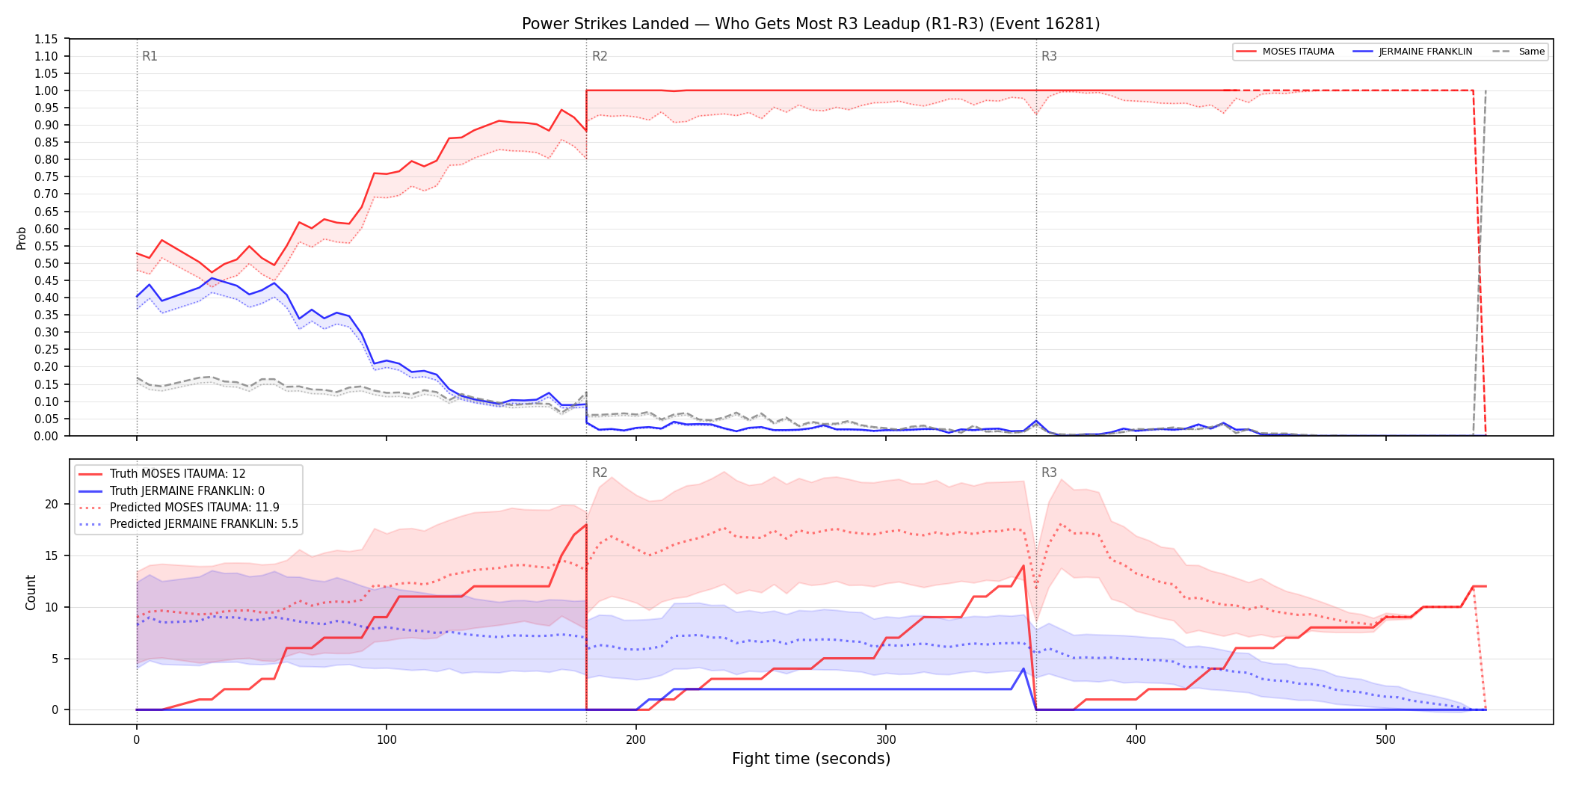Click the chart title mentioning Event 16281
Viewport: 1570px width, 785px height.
810,24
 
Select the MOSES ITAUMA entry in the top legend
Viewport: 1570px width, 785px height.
1284,52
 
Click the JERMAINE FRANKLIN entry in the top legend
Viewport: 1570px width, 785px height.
1412,52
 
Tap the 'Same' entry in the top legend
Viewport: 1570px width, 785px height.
1518,52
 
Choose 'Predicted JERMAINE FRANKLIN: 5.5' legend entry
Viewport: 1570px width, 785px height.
188,524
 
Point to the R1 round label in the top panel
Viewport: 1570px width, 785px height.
150,56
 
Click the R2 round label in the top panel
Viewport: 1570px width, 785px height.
600,56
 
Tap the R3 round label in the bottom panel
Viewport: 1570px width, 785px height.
1049,472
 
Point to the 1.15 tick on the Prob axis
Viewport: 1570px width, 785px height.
46,39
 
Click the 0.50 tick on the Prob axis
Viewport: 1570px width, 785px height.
46,263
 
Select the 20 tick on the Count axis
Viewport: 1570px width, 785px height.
52,504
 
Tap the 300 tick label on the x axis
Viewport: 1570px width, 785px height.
886,740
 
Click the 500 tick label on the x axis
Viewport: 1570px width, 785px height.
1385,740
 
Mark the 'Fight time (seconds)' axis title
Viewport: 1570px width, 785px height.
811,759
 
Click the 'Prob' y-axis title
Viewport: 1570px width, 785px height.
22,238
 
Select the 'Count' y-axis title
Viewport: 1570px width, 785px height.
31,592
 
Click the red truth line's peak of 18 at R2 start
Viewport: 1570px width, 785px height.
586,525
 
